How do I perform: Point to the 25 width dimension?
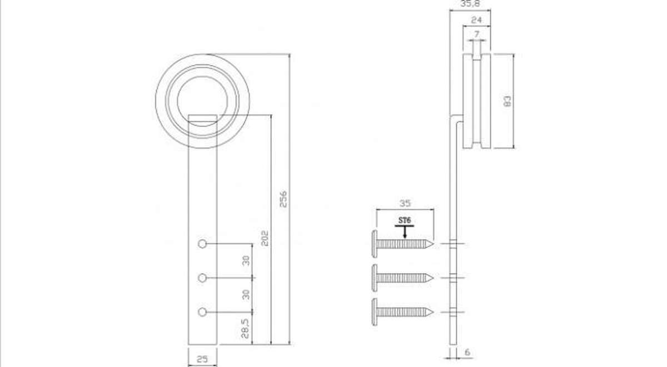point(202,359)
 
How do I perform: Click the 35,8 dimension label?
point(471,4)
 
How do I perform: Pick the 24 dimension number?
point(476,20)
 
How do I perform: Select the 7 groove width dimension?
point(476,34)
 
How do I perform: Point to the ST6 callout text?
point(405,221)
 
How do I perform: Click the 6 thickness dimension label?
point(467,353)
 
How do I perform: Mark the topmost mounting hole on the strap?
point(202,244)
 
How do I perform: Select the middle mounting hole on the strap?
point(202,277)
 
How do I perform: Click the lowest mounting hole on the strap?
point(202,311)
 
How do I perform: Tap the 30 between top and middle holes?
point(246,260)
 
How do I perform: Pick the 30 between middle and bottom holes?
point(246,294)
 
